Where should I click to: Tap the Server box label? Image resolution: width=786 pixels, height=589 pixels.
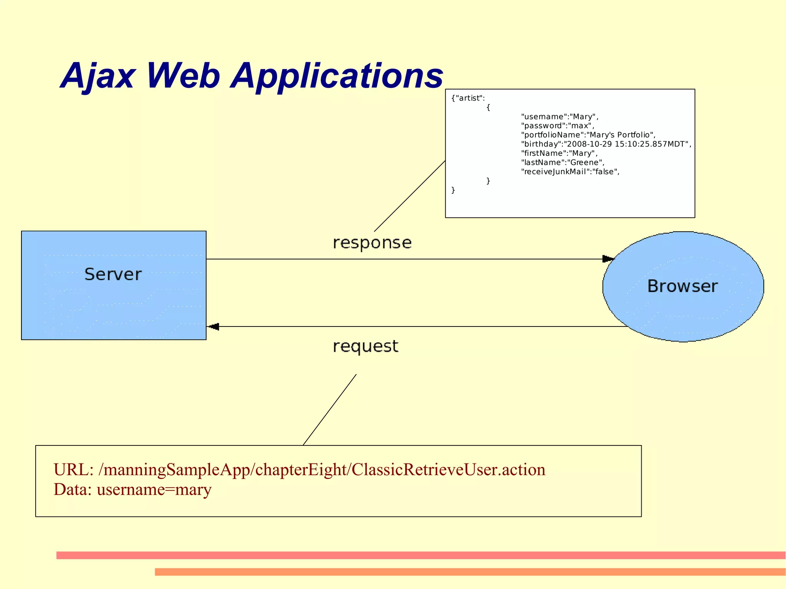[x=113, y=274]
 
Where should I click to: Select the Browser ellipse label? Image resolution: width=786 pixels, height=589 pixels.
[x=682, y=286]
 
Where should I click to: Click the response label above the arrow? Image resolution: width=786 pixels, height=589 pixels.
[x=372, y=243]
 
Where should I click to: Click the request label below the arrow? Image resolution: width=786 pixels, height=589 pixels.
[x=365, y=346]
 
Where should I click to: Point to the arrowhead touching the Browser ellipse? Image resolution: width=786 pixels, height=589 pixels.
[x=608, y=259]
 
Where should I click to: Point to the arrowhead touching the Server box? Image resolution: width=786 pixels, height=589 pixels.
[x=213, y=327]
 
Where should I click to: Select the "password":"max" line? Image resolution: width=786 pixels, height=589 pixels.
[x=557, y=126]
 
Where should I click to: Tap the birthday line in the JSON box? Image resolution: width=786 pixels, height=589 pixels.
[x=606, y=144]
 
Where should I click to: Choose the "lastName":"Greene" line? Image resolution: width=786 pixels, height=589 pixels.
[x=562, y=163]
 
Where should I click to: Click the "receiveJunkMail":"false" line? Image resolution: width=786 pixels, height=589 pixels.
[x=570, y=172]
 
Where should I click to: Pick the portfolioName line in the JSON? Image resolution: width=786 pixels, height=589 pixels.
[x=588, y=135]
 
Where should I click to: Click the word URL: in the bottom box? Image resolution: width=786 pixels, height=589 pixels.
[x=73, y=470]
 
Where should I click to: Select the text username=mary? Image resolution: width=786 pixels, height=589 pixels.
[x=154, y=490]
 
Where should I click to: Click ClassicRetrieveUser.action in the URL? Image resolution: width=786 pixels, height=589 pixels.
[x=448, y=470]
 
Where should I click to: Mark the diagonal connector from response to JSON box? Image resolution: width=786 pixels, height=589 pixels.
[x=410, y=196]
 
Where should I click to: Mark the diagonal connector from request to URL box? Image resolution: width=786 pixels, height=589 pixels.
[x=330, y=410]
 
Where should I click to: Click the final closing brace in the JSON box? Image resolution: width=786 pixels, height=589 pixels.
[x=453, y=190]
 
